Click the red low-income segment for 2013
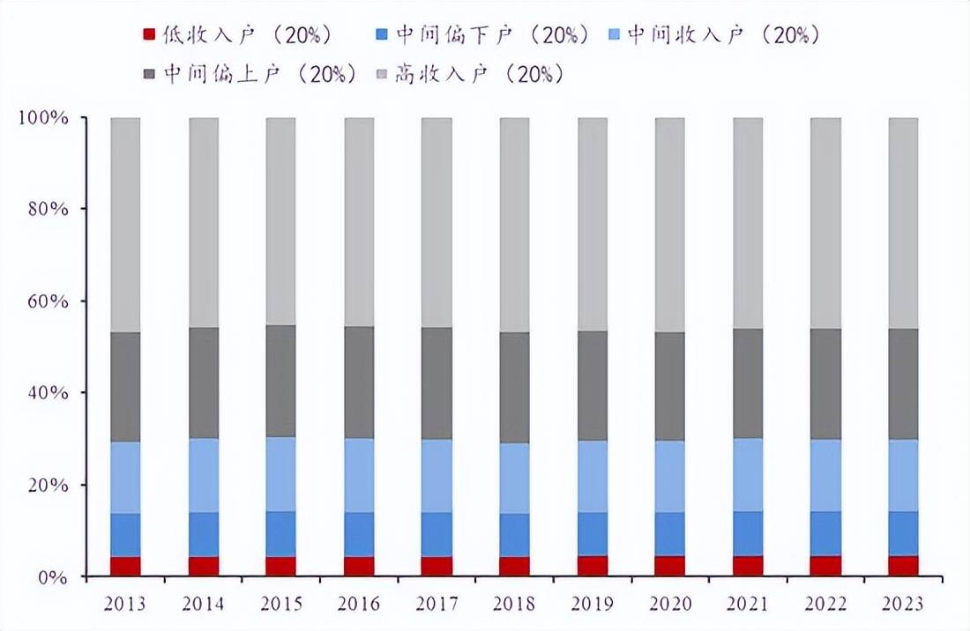point(125,566)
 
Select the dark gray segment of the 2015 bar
point(281,381)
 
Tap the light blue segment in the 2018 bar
point(515,478)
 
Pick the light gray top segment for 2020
point(670,225)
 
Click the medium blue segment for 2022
point(825,533)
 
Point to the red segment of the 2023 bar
point(903,566)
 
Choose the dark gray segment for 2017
point(436,383)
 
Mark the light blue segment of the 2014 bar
point(204,475)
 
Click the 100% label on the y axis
point(42,117)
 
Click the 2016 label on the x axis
point(359,604)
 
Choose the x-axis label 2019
point(593,604)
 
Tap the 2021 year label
point(748,604)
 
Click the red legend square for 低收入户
point(149,34)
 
